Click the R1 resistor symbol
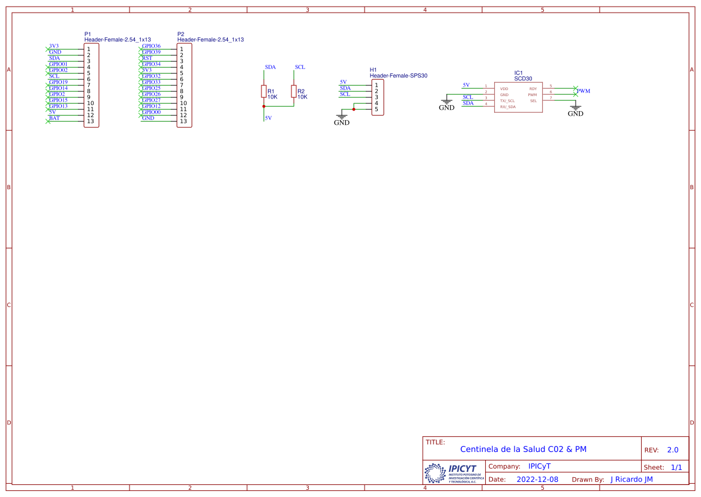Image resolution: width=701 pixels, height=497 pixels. click(263, 91)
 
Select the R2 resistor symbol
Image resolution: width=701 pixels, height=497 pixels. click(293, 91)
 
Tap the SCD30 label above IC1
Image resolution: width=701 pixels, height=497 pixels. click(523, 79)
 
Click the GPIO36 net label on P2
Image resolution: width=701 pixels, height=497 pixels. click(151, 46)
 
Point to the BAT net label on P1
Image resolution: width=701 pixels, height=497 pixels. click(55, 118)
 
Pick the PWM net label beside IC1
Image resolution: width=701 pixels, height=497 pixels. click(583, 91)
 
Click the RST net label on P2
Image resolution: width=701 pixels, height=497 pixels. click(147, 58)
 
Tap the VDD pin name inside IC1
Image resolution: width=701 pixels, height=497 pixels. click(504, 89)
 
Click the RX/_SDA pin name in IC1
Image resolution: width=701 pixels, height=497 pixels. click(507, 107)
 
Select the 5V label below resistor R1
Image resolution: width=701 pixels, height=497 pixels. click(268, 118)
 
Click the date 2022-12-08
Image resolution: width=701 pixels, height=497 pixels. click(537, 480)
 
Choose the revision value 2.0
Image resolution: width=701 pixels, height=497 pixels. click(672, 450)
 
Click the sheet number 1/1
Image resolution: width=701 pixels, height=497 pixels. click(676, 467)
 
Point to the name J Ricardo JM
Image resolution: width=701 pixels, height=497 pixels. click(631, 480)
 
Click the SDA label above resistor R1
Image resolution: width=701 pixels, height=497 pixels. click(270, 67)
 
